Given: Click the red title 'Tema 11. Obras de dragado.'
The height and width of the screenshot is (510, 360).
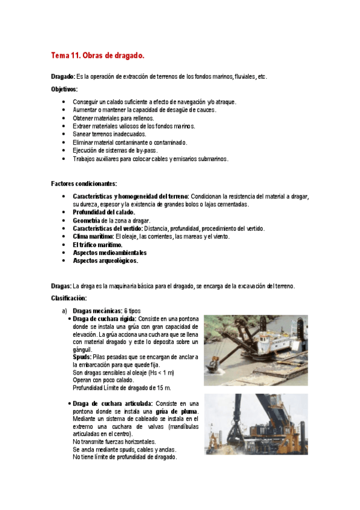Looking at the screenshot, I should [x=97, y=56].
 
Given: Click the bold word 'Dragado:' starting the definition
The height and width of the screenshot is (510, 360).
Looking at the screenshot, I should [x=63, y=77].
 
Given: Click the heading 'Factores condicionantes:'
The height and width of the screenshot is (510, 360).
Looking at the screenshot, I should [x=84, y=183].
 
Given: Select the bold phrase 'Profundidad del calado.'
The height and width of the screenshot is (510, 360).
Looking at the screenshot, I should [x=104, y=212].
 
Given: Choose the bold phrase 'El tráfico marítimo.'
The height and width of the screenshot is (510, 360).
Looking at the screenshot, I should [x=97, y=245].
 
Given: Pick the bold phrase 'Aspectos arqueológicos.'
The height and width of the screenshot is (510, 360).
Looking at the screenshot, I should [x=105, y=261].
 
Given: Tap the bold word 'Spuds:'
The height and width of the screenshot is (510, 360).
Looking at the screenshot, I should [x=82, y=357].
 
